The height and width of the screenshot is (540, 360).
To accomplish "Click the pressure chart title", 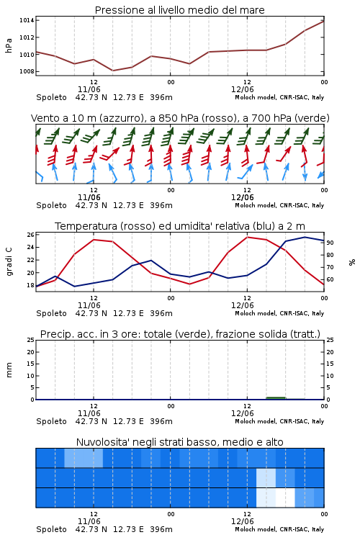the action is click(179, 10).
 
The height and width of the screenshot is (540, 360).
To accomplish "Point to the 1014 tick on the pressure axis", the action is click(27, 20).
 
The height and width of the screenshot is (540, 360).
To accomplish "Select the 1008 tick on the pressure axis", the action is click(27, 71).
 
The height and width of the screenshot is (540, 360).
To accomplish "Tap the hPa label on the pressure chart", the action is click(9, 45).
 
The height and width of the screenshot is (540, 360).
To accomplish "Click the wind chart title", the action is click(180, 118).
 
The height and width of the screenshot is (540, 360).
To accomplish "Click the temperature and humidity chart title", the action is click(180, 226).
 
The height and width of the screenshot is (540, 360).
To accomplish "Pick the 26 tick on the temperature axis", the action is click(31, 235).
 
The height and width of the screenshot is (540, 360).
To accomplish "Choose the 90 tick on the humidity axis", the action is click(330, 243).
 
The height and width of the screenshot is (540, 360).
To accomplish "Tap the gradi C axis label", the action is click(9, 262).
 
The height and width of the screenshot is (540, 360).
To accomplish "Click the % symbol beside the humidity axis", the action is click(352, 262).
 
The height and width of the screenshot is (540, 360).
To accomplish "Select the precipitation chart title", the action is click(180, 334).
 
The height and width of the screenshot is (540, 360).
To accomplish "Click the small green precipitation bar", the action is click(276, 398).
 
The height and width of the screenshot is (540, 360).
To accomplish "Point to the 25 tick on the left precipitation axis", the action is click(31, 340).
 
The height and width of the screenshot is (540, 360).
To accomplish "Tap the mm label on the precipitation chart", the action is click(9, 370).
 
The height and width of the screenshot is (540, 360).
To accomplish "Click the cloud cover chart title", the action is click(180, 442).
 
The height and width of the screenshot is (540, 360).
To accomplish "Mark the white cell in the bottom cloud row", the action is click(285, 498).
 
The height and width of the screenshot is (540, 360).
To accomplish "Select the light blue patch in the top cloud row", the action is click(84, 458).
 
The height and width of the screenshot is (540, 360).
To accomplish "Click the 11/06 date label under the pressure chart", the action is click(89, 89).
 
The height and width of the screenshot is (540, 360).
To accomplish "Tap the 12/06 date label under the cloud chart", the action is click(243, 521).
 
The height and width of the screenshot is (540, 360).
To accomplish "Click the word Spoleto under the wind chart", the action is click(51, 206).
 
